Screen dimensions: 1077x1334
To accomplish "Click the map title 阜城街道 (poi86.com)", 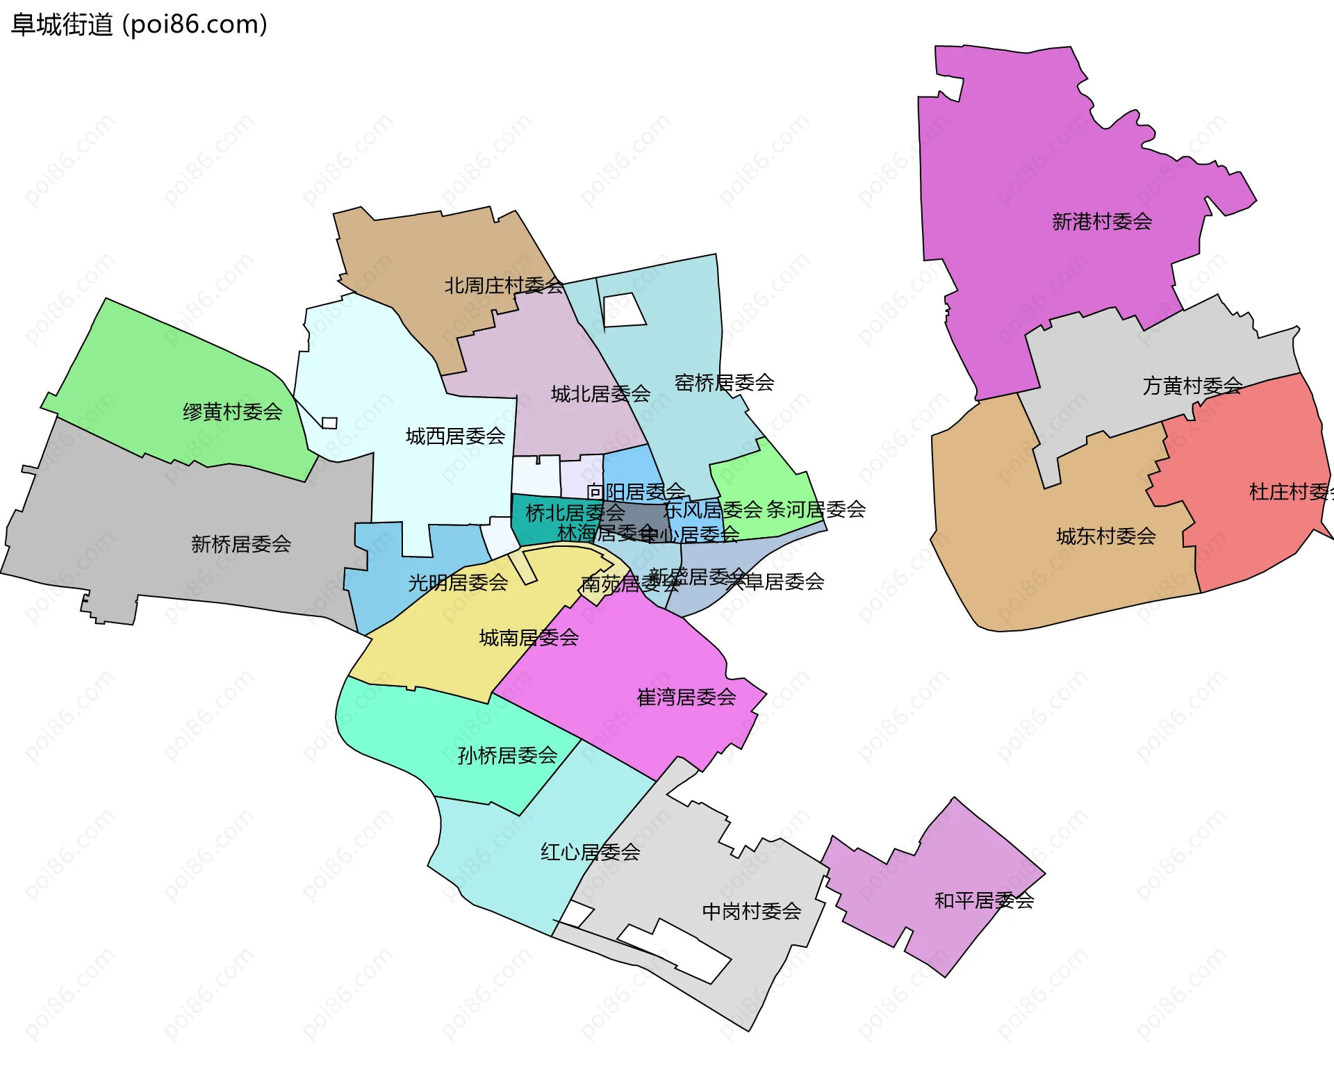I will click(x=139, y=25).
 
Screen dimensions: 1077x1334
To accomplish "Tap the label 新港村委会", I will click(x=1102, y=222).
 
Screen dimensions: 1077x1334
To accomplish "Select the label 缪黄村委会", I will click(x=232, y=412).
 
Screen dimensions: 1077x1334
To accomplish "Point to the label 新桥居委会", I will click(x=240, y=544).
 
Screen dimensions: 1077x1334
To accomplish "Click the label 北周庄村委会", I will click(x=504, y=286).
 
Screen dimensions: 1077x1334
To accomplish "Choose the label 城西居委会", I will click(x=455, y=436).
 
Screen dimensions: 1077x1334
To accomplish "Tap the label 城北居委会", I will click(x=600, y=394).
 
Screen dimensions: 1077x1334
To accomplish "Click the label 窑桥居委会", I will click(x=724, y=382).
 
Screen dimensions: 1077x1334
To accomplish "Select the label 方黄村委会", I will click(x=1192, y=386).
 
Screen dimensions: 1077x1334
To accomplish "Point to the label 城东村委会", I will click(x=1105, y=536).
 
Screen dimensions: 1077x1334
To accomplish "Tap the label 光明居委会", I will click(x=458, y=582).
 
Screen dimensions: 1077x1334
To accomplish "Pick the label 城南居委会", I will click(x=529, y=637).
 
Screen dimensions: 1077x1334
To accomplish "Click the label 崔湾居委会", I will click(x=686, y=697).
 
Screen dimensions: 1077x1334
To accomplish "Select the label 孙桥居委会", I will click(x=507, y=755).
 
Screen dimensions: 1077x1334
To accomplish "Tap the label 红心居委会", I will click(x=590, y=852).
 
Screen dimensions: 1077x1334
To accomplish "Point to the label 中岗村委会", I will click(x=752, y=911).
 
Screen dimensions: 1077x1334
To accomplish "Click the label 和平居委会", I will click(x=984, y=901).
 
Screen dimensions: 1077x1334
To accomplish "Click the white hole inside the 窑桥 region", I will click(x=623, y=310).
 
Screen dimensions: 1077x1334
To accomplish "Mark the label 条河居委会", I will click(x=816, y=509).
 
